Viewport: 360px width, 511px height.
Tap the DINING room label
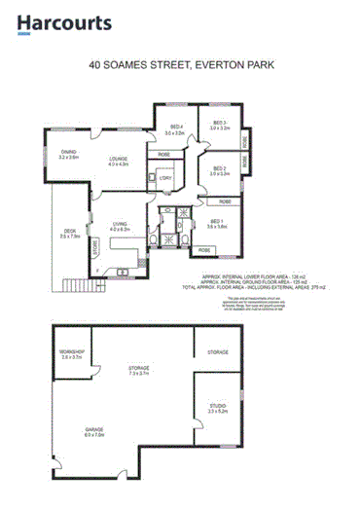click(x=68, y=154)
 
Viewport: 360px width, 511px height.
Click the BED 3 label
click(x=219, y=125)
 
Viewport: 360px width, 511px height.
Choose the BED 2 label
click(x=219, y=170)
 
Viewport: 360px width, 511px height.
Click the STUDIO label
click(x=217, y=410)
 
